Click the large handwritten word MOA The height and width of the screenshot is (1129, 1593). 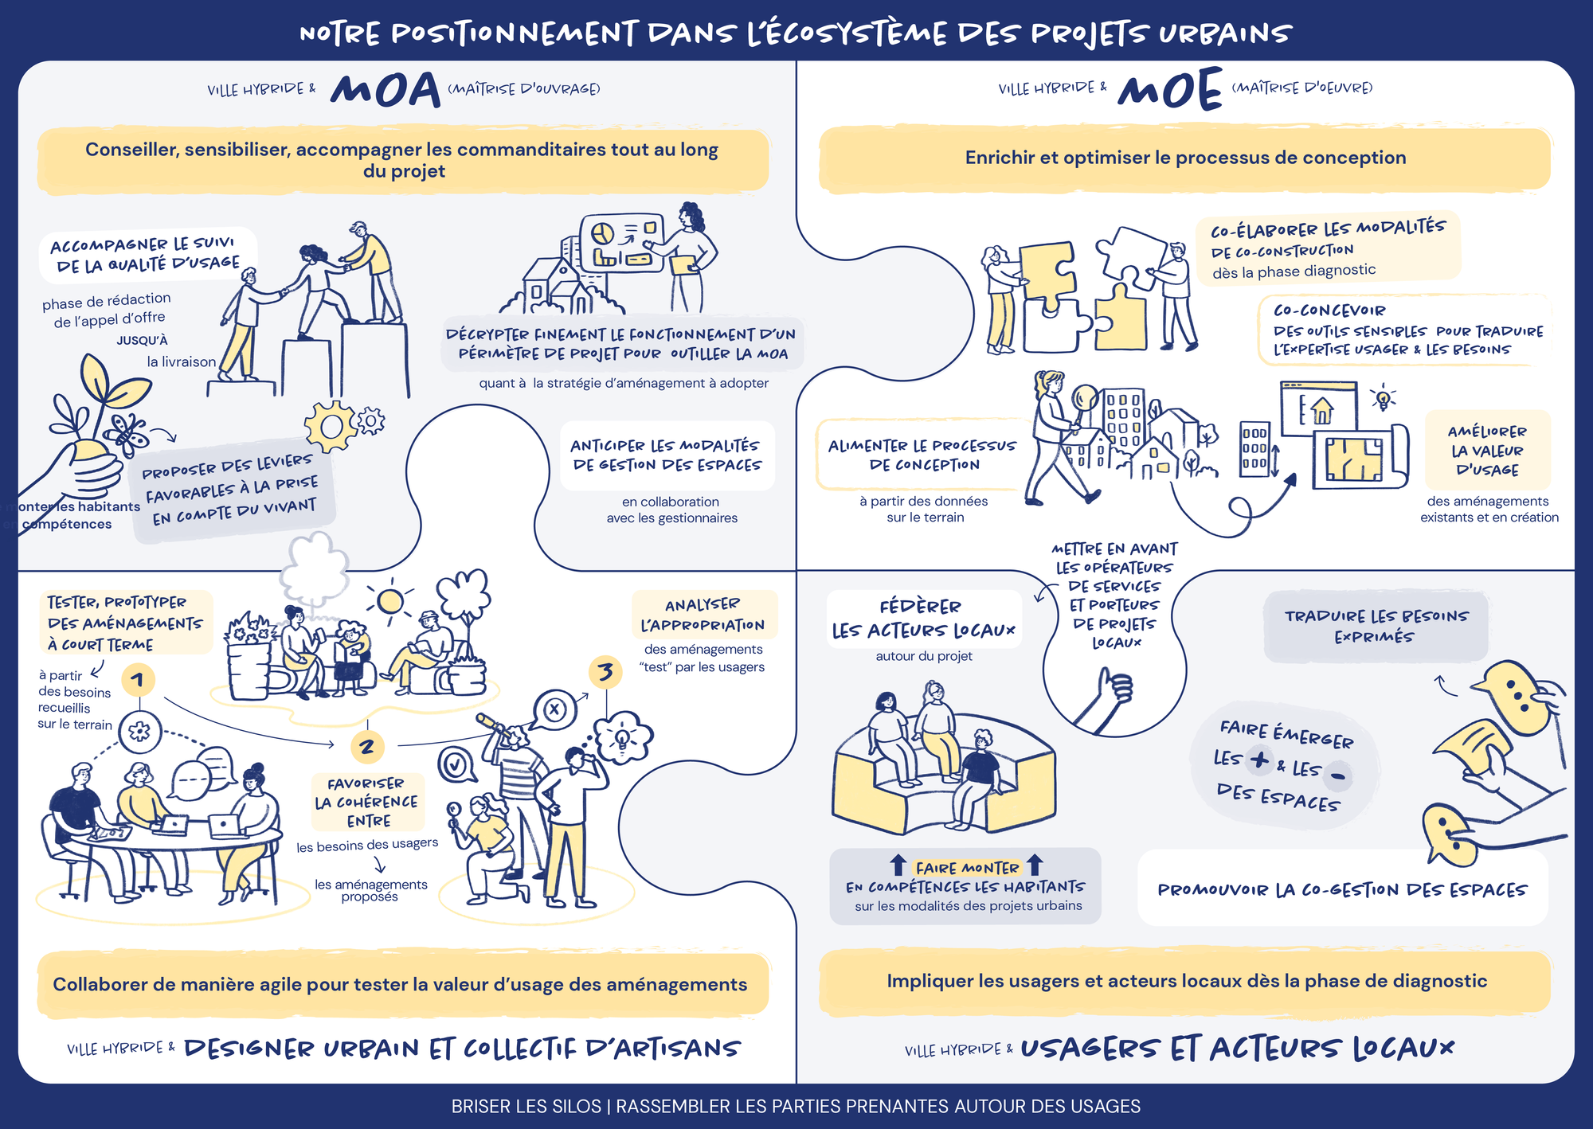pos(386,89)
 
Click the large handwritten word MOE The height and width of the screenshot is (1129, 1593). pos(1169,88)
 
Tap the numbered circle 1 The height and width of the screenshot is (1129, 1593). pos(139,679)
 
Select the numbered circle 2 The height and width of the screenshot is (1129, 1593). pos(367,746)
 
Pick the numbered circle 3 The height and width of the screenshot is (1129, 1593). pos(605,672)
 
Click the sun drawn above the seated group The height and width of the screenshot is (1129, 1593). pos(390,601)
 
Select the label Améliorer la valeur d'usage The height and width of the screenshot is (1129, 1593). pos(1487,451)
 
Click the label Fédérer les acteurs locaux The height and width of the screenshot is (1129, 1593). pos(924,619)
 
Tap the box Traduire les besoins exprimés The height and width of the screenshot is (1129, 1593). pos(1376,626)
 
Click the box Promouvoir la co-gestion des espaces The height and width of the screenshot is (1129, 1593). pos(1342,889)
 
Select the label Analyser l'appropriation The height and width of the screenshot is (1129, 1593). pos(703,615)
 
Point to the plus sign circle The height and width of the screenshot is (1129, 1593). pos(1259,760)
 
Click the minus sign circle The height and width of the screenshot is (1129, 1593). pos(1338,775)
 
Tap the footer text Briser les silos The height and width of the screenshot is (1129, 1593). pos(526,1106)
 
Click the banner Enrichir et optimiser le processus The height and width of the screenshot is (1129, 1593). pos(1185,158)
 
